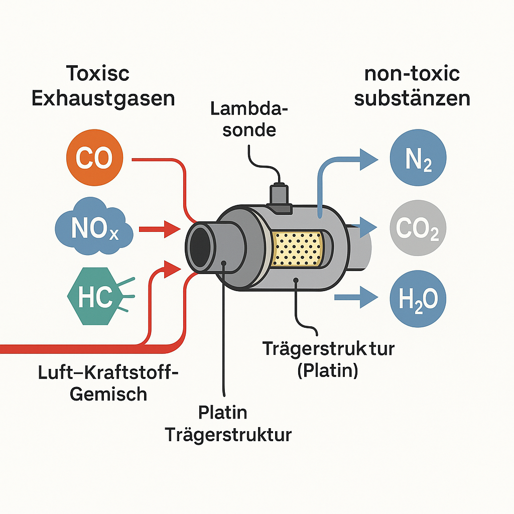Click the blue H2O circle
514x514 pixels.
click(x=418, y=300)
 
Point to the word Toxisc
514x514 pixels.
click(x=98, y=74)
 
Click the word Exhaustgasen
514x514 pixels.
click(x=103, y=98)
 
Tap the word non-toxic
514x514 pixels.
click(x=412, y=74)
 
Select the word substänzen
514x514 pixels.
click(x=412, y=98)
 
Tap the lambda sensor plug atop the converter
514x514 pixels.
click(x=280, y=196)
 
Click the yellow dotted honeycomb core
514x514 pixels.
click(x=297, y=248)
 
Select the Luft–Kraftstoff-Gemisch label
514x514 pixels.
click(x=109, y=383)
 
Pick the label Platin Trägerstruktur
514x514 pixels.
click(x=228, y=424)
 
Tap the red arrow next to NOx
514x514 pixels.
click(x=159, y=230)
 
